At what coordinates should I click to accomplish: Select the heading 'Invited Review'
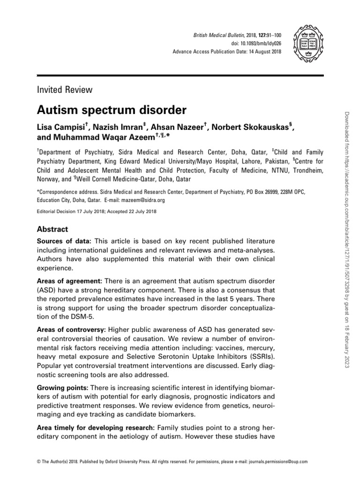[64, 90]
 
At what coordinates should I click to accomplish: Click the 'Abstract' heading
[52, 229]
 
